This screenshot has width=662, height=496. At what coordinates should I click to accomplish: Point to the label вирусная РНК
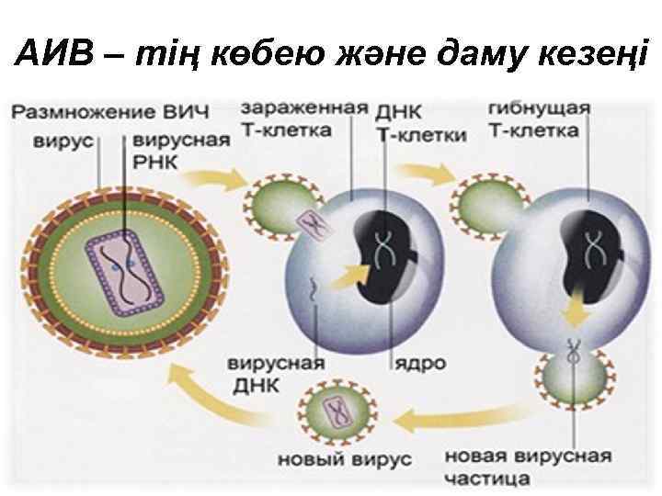coord(180,152)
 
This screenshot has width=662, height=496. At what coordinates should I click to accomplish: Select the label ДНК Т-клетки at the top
coord(421,123)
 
